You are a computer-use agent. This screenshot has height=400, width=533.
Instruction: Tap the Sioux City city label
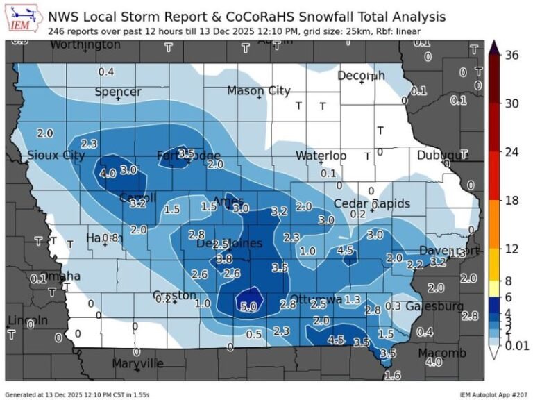tap(56, 156)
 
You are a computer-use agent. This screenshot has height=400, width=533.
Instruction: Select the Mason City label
tap(259, 91)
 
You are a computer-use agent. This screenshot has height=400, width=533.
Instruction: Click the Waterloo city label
tap(321, 156)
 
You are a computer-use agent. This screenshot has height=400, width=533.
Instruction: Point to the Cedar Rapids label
tap(371, 203)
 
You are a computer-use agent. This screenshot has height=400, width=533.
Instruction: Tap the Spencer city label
tap(118, 92)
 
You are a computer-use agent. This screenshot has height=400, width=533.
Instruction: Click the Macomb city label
tap(442, 353)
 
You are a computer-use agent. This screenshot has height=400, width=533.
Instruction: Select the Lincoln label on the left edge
tap(28, 320)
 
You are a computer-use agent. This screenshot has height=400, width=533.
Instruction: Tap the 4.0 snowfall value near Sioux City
tap(108, 174)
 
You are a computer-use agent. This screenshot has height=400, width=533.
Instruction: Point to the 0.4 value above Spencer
tap(106, 72)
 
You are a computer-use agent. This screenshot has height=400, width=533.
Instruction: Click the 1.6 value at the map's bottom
tap(392, 375)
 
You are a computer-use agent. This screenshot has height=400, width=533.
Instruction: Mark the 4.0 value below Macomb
tap(434, 362)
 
